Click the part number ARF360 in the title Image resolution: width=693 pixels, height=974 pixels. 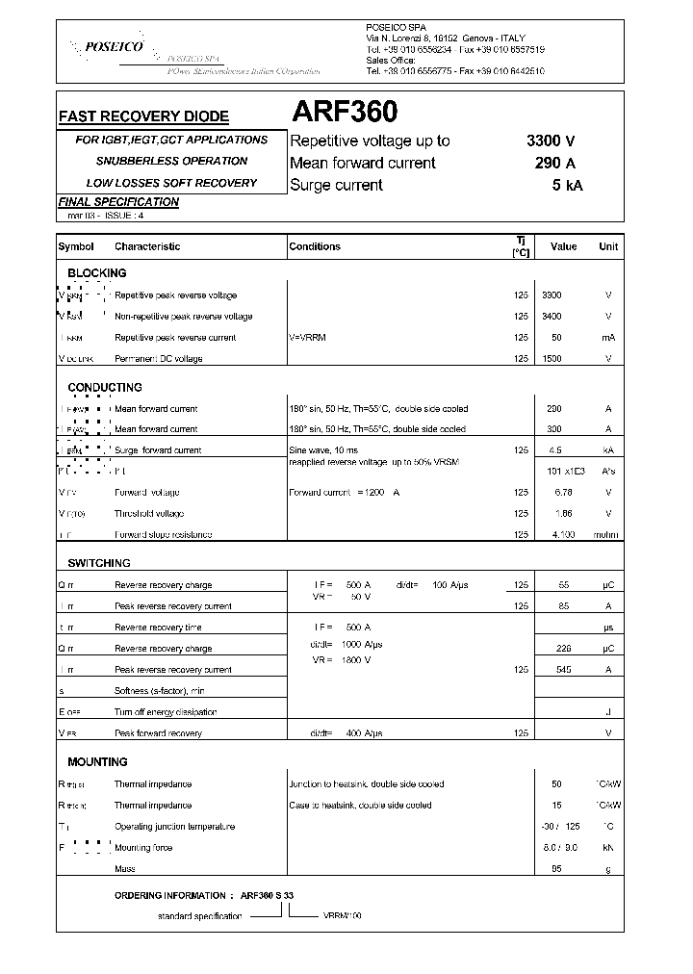344,114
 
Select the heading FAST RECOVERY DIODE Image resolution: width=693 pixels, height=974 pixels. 144,116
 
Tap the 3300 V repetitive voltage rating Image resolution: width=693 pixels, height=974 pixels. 551,141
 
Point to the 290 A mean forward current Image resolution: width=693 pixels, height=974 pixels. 555,163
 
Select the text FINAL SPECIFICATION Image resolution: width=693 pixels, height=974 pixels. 118,202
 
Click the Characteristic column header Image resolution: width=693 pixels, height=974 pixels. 147,246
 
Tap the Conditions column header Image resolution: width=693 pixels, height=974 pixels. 315,246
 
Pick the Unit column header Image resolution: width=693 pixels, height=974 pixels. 608,246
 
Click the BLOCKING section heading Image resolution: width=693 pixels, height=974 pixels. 96,273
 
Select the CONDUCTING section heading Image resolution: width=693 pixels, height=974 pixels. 104,387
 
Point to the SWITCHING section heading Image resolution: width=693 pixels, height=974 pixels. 98,563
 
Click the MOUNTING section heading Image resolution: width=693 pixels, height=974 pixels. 97,762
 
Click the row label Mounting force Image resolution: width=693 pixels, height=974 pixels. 144,848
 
